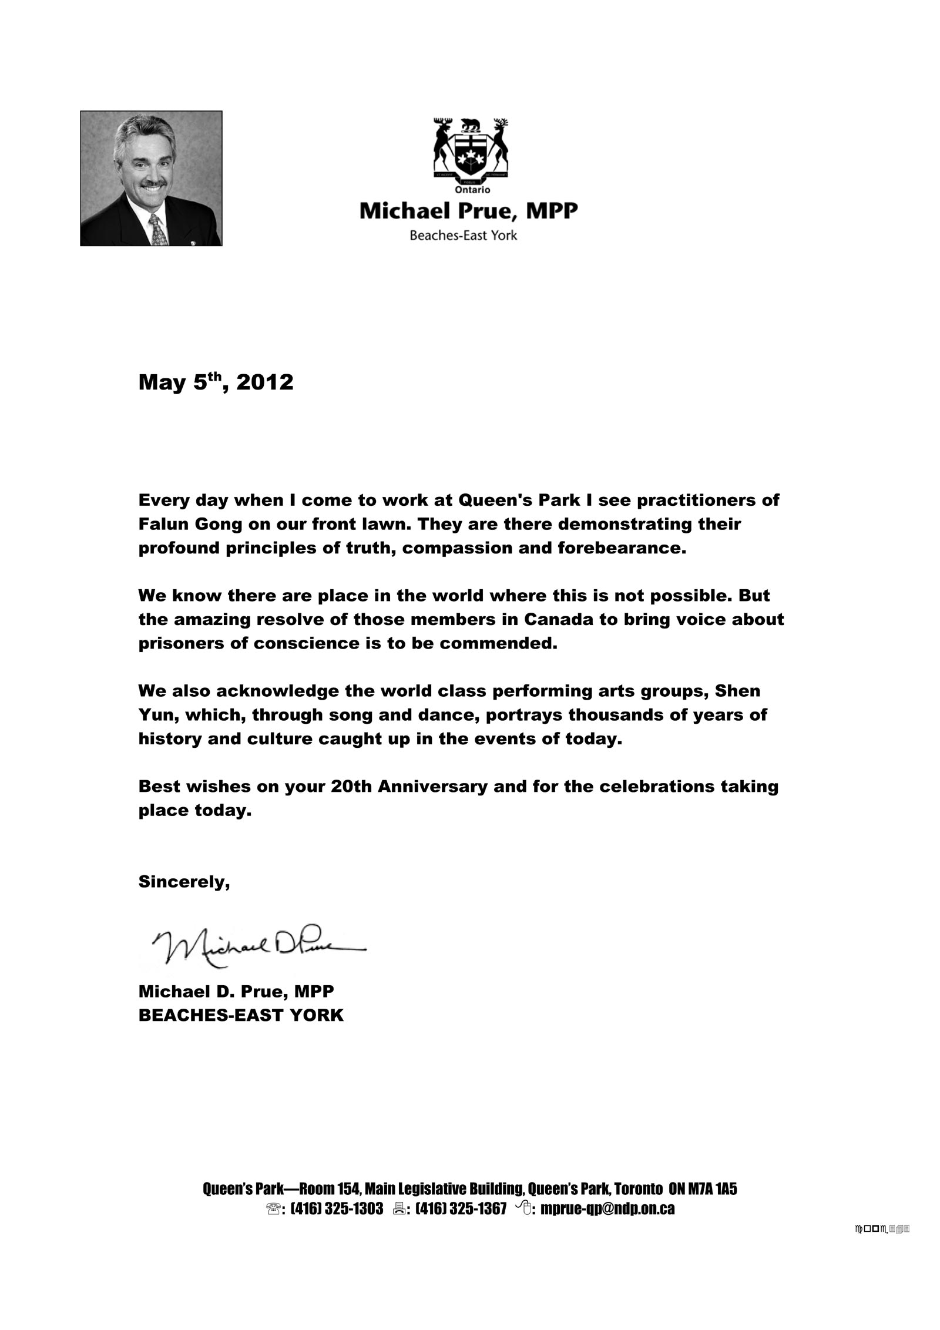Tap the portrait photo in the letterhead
pyautogui.click(x=151, y=178)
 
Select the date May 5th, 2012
pyautogui.click(x=216, y=382)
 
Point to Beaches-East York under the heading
pyautogui.click(x=463, y=236)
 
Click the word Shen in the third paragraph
pyautogui.click(x=737, y=691)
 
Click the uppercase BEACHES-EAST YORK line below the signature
pyautogui.click(x=241, y=1015)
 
